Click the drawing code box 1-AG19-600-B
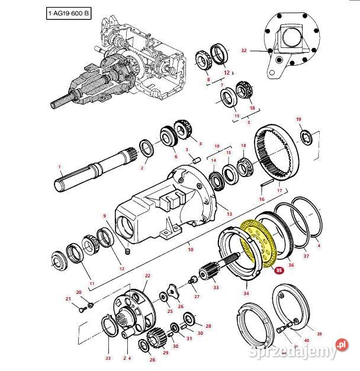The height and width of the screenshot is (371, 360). (x=69, y=12)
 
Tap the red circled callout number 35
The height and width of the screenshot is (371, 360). (x=279, y=270)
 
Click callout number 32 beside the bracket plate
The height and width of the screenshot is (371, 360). (x=243, y=51)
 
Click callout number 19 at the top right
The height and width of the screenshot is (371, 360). (x=298, y=119)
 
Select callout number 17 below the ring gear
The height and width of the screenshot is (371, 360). (x=279, y=191)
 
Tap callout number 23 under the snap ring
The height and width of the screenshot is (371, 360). (x=108, y=357)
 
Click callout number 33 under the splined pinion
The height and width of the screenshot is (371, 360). (x=216, y=287)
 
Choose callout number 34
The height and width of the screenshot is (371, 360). (x=246, y=293)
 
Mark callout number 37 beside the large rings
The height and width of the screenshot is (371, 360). (x=306, y=256)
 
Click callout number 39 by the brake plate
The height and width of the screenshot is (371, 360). (x=320, y=334)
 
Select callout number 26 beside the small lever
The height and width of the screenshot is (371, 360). (x=181, y=306)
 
